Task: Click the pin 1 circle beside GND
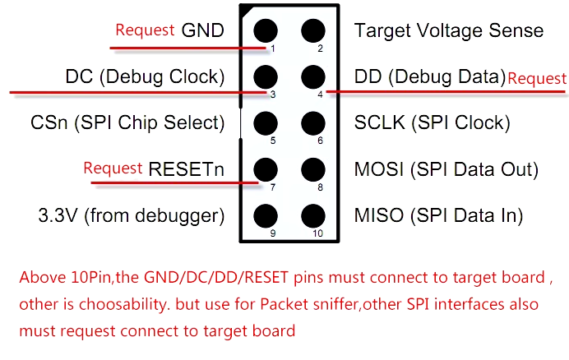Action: (x=265, y=31)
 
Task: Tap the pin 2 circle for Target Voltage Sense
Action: (x=312, y=31)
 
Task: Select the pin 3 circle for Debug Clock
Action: (x=265, y=78)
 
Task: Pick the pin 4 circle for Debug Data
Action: (x=312, y=78)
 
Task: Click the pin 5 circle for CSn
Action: (x=265, y=124)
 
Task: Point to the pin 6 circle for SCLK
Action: (x=312, y=124)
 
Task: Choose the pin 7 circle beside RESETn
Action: (x=265, y=170)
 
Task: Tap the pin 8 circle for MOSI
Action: (x=312, y=170)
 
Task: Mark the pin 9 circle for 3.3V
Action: (x=265, y=217)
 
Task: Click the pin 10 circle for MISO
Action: (x=312, y=217)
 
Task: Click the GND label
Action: (x=202, y=31)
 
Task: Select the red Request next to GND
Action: (x=145, y=30)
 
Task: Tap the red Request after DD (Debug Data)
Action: (x=537, y=79)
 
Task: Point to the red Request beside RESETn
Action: (x=113, y=168)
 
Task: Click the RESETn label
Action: (x=187, y=170)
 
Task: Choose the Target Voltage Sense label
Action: (x=448, y=31)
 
